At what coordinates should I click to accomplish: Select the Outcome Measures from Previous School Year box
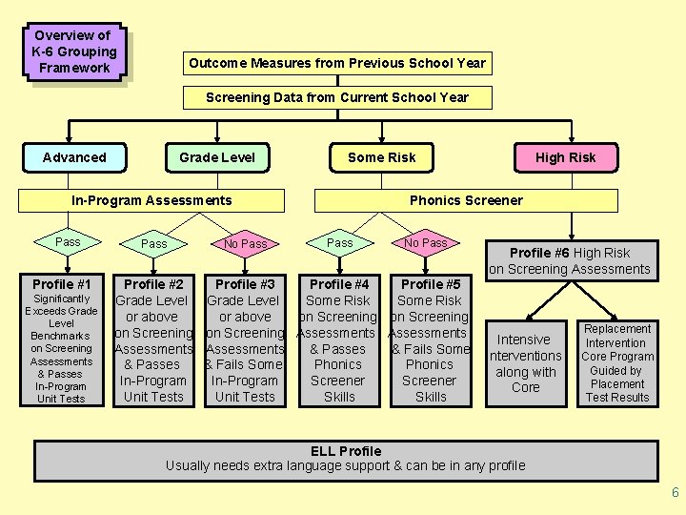(337, 63)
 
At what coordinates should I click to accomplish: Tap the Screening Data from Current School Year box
(337, 97)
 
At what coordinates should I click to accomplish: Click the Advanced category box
(74, 157)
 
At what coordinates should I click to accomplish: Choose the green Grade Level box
(217, 157)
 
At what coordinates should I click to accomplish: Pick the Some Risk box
(381, 157)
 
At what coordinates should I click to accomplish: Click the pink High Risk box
(565, 157)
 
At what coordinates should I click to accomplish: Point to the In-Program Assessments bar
(152, 200)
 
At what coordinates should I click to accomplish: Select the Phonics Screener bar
(466, 200)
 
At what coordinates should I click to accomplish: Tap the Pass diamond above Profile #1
(68, 242)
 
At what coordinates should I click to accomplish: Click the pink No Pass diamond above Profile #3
(245, 244)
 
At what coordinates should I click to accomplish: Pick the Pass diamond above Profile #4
(340, 243)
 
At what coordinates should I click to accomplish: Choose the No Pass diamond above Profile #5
(425, 243)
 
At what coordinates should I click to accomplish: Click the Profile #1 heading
(61, 284)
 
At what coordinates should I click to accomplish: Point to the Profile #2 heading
(153, 284)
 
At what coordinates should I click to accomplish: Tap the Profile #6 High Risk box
(570, 260)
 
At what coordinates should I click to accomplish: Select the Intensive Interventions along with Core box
(525, 362)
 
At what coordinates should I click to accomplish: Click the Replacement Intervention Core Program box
(617, 362)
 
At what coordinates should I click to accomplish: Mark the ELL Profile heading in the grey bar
(346, 451)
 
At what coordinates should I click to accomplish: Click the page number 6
(675, 493)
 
